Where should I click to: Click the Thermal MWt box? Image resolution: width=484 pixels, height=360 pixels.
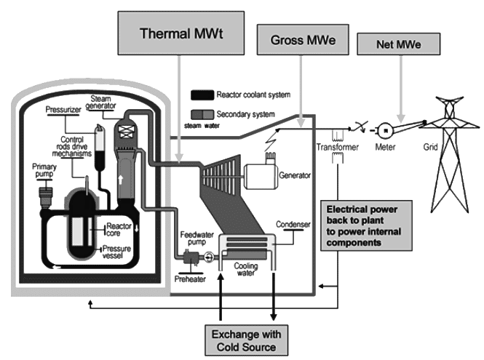coord(181,33)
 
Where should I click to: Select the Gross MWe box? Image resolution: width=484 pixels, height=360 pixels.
coord(303,40)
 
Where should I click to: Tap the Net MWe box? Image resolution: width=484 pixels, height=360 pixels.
coord(399,44)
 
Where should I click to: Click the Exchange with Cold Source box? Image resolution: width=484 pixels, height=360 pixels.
coord(246,340)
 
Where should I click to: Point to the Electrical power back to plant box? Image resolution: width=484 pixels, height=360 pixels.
coord(366,225)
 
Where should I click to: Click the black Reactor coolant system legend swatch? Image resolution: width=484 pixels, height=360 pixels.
coord(202,95)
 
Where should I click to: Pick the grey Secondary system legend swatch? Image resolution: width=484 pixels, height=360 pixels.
coord(202,114)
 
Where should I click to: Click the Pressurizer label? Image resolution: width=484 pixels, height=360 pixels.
coord(63,110)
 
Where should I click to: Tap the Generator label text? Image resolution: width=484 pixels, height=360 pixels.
coord(295,175)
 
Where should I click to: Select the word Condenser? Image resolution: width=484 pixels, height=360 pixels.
coord(293,224)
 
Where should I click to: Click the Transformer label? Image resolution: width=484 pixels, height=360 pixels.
coord(338,147)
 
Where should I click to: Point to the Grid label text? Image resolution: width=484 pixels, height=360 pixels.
coord(430,147)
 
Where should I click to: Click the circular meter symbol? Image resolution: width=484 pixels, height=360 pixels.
coord(386,130)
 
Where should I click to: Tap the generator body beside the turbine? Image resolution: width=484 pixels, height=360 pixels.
coord(261,177)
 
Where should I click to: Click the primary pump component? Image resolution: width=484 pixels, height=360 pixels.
coord(45,197)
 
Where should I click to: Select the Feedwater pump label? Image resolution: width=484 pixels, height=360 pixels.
coord(197,239)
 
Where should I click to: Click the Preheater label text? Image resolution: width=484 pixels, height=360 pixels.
coord(190,279)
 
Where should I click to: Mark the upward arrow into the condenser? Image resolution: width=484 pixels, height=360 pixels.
coord(221,297)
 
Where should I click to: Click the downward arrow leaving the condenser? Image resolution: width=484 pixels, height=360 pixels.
coord(274,297)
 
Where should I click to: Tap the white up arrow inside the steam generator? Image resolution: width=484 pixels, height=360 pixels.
coord(121,179)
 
